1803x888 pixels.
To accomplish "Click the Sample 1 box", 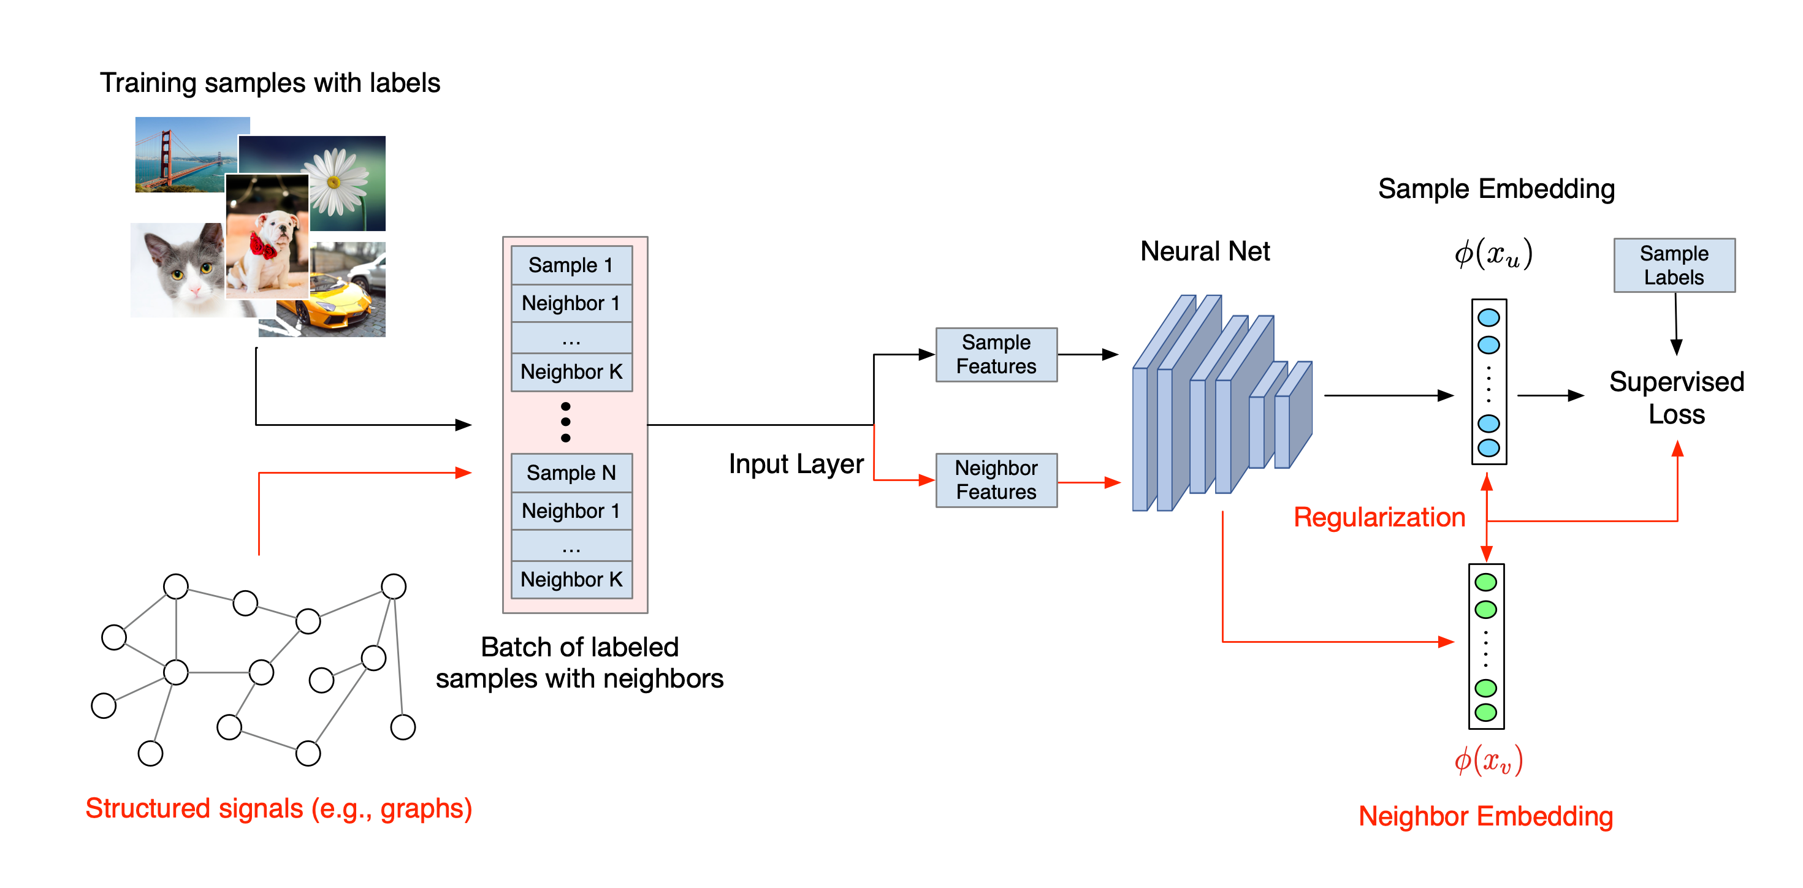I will (x=571, y=265).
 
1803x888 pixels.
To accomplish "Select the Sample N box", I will (x=571, y=473).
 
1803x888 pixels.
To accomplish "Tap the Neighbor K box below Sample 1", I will (x=571, y=371).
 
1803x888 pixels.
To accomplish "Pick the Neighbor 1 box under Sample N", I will (x=571, y=511).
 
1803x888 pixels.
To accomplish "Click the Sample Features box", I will (x=996, y=355).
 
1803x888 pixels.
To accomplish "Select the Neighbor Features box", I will (x=996, y=480).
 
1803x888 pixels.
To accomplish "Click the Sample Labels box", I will (x=1674, y=265).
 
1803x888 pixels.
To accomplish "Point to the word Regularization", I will (x=1379, y=517).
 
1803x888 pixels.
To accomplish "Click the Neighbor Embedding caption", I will (x=1485, y=816).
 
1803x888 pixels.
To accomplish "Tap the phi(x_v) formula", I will (x=1488, y=760).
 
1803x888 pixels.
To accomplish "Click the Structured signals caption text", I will (x=278, y=808).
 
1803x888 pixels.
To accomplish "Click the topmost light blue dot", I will (x=1489, y=317).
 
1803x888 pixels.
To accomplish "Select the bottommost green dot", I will (x=1485, y=712).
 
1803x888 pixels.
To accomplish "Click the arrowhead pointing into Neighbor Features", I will (x=927, y=480).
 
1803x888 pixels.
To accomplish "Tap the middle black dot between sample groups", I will (x=565, y=422).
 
